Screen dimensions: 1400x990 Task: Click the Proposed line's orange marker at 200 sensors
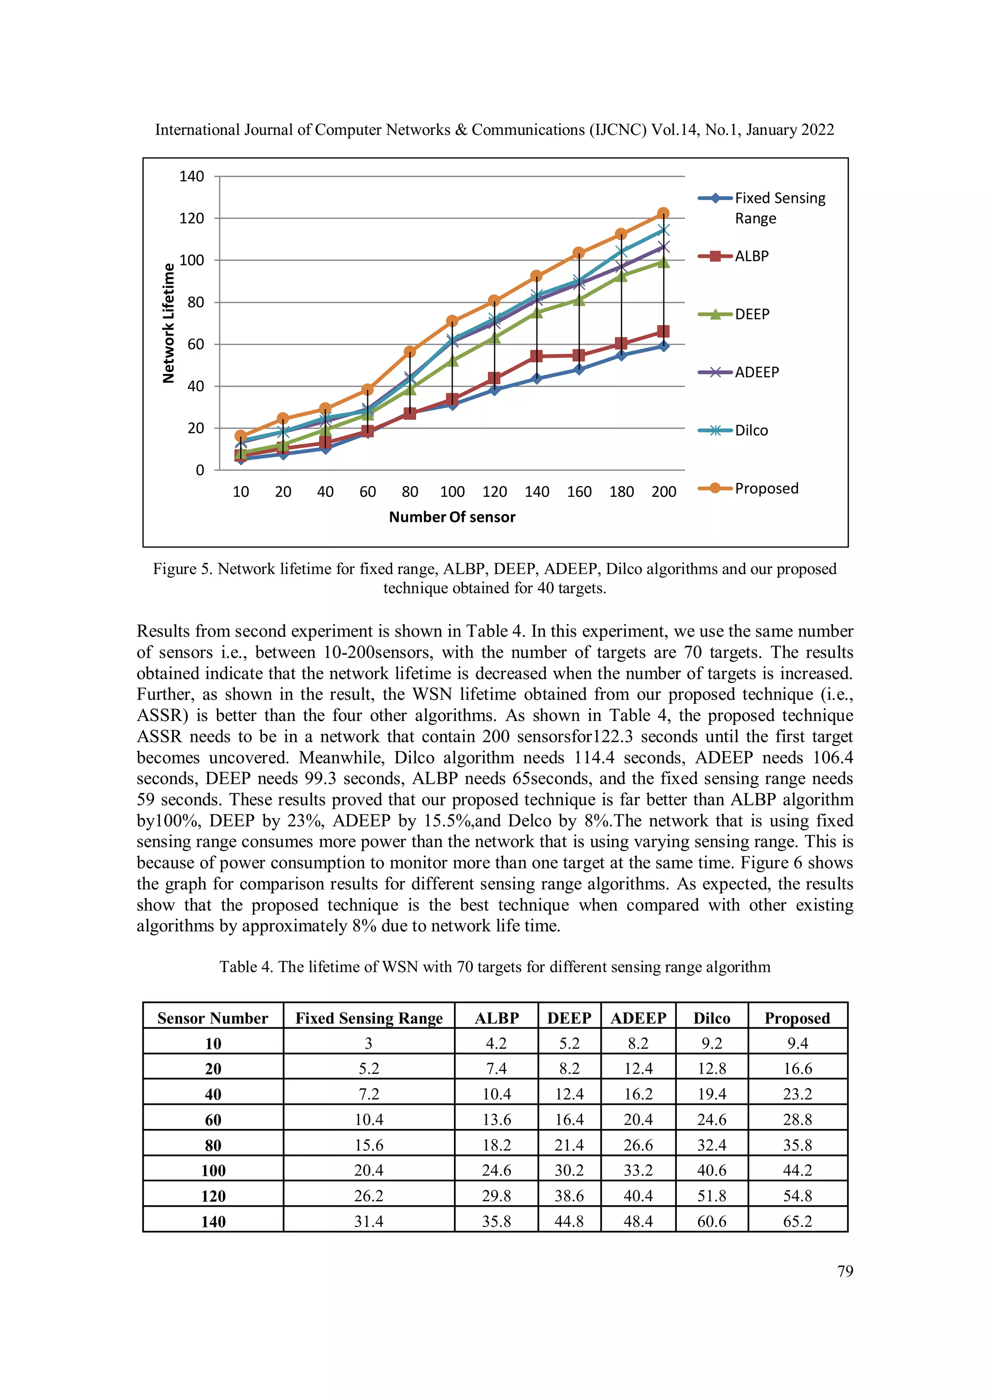(x=663, y=214)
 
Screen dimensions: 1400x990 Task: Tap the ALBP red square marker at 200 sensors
(x=663, y=332)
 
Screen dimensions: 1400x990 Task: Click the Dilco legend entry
(x=751, y=431)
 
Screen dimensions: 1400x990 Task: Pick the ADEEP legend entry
(x=757, y=372)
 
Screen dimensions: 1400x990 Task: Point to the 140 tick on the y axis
(x=191, y=176)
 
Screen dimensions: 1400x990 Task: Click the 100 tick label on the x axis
(x=452, y=491)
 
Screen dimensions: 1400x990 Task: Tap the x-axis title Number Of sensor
(x=452, y=517)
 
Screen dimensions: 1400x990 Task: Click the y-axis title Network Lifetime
(x=168, y=323)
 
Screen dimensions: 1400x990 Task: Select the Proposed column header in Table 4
(x=797, y=1018)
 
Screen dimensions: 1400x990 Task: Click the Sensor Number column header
(x=212, y=1018)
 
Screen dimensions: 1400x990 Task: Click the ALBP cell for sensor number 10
(x=496, y=1043)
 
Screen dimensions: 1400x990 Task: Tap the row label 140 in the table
(x=213, y=1221)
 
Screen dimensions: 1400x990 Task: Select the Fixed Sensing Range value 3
(x=368, y=1043)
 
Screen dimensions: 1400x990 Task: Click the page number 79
(x=845, y=1271)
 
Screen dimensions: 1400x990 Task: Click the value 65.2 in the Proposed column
(x=797, y=1221)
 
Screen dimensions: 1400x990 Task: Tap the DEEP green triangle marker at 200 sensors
(x=663, y=262)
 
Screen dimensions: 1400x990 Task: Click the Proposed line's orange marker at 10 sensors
(x=240, y=436)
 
